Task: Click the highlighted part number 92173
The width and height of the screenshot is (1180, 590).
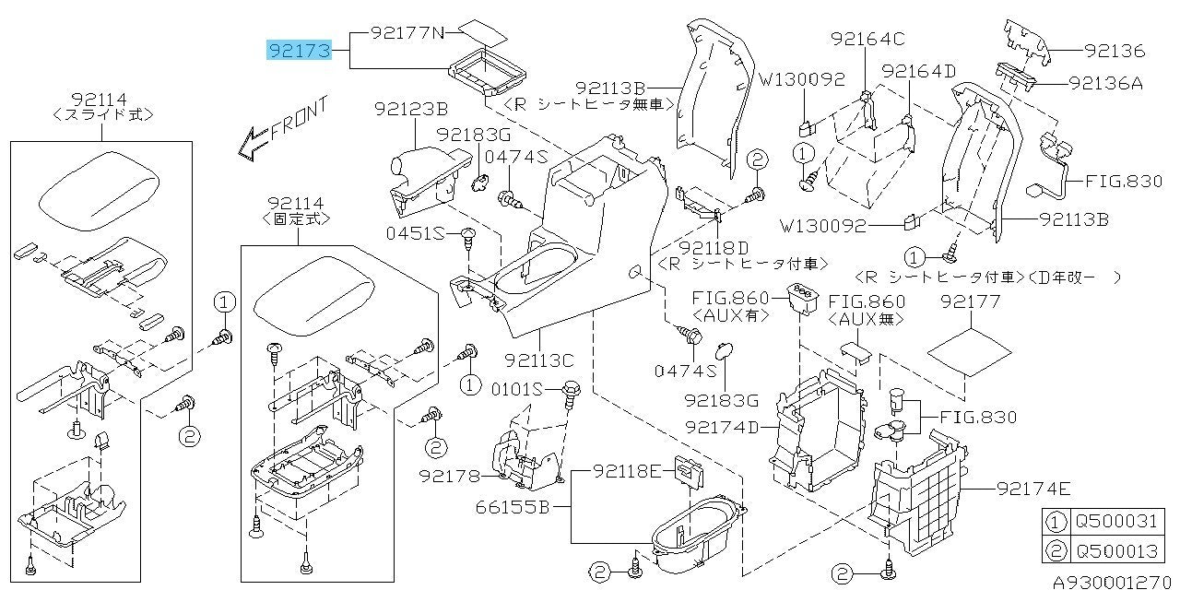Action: pyautogui.click(x=299, y=50)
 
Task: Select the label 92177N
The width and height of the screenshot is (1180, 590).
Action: pyautogui.click(x=407, y=33)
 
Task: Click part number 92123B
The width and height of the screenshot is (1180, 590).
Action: pyautogui.click(x=411, y=110)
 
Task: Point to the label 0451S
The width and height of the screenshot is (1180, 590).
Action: pyautogui.click(x=429, y=232)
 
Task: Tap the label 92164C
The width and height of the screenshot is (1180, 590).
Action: pyautogui.click(x=867, y=39)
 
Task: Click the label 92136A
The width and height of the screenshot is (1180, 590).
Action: pyautogui.click(x=1105, y=83)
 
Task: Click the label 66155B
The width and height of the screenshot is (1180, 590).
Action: pyautogui.click(x=513, y=506)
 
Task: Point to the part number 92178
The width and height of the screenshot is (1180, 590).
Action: pyautogui.click(x=450, y=476)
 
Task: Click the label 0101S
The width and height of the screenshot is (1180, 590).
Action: pyautogui.click(x=517, y=388)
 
